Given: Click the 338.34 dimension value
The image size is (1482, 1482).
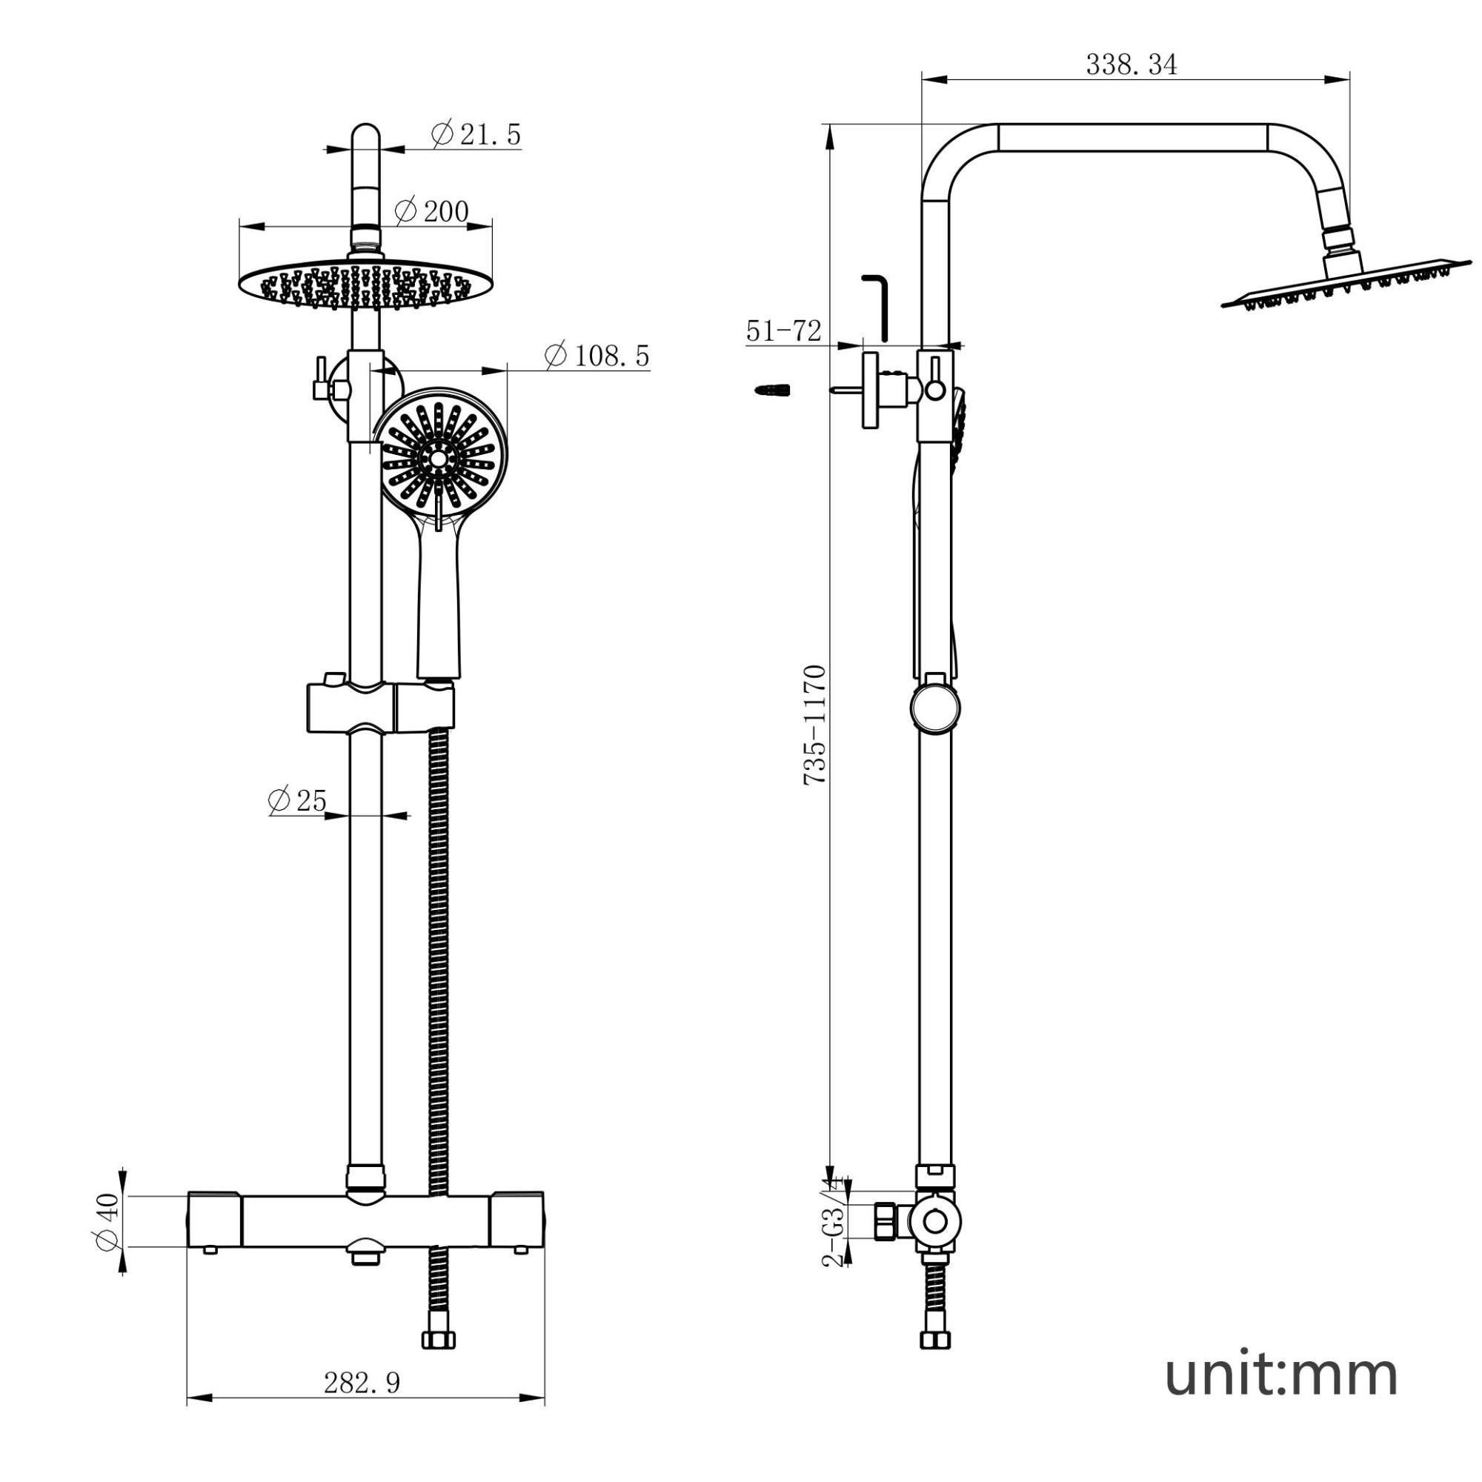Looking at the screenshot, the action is click(1131, 64).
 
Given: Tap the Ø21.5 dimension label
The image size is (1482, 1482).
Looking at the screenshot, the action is click(476, 134).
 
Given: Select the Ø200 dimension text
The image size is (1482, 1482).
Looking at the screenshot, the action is click(431, 210).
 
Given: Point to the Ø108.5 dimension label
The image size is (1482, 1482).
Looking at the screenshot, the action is click(597, 355).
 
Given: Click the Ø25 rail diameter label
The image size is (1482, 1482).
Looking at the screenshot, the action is click(298, 800).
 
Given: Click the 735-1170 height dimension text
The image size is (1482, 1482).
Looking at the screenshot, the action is click(814, 725).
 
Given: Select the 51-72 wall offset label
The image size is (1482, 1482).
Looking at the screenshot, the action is click(784, 330).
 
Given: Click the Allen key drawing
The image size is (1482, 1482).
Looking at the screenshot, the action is click(875, 306).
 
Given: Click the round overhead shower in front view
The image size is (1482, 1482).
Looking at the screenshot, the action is click(365, 287).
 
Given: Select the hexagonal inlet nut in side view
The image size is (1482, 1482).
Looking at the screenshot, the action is click(885, 1220).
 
